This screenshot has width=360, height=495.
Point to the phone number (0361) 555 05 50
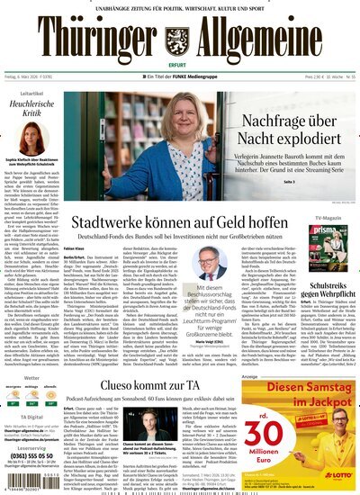(33, 456)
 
